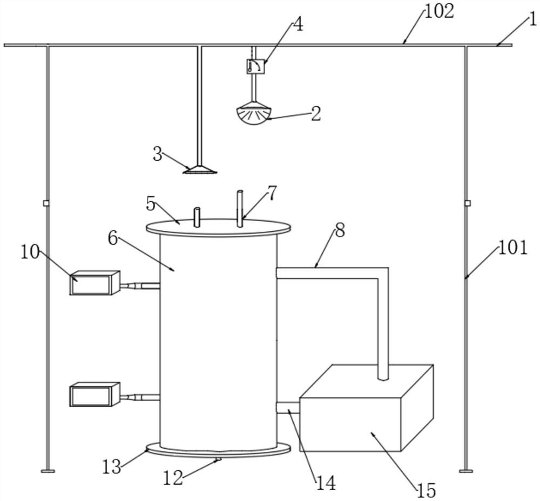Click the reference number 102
(440, 12)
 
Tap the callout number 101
(513, 248)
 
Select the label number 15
(427, 490)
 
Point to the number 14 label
(326, 483)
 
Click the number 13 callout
(112, 466)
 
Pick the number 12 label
(173, 478)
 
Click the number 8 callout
(340, 231)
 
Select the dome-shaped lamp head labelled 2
(254, 114)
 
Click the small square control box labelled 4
(256, 66)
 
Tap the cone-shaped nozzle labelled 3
(200, 169)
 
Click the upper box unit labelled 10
(94, 283)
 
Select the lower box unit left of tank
(94, 394)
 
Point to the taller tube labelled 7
(240, 208)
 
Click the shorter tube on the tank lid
(197, 217)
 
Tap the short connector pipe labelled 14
(288, 408)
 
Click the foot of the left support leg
(48, 471)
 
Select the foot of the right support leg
(466, 471)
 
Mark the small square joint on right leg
(467, 203)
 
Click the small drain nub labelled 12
(218, 459)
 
